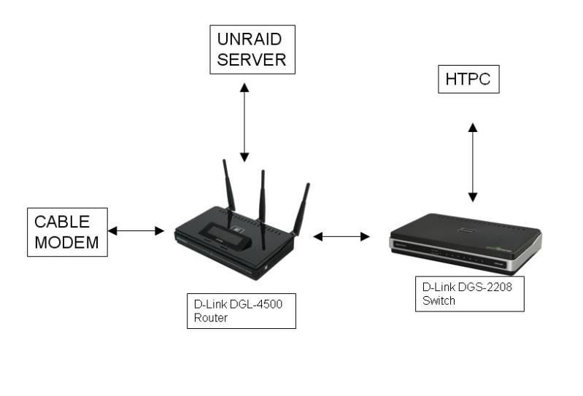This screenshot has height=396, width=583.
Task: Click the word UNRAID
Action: point(249,39)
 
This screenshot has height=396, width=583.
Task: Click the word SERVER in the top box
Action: point(251,60)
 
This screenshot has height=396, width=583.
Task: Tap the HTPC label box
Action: point(468,79)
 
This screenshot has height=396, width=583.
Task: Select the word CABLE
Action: point(62,222)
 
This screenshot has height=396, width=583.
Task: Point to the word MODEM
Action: point(66,243)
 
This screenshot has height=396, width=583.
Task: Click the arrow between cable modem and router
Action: point(136,230)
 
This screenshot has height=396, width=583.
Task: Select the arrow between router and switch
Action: point(341,236)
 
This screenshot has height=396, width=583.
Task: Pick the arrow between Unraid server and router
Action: point(244,123)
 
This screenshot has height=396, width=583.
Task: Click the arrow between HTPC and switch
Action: point(473,163)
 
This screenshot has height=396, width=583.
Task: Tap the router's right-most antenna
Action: point(301,209)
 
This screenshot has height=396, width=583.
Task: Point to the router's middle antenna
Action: point(263,210)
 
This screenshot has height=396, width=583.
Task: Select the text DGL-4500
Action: point(256,304)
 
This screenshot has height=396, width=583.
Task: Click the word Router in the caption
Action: point(210,318)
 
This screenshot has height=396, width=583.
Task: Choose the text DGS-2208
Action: point(485,287)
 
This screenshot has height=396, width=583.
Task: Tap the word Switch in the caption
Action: point(439,300)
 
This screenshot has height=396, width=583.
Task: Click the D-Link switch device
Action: point(466,244)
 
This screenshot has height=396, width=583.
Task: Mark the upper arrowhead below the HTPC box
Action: point(473,128)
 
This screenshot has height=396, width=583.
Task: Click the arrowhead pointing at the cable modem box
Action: point(112,230)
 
